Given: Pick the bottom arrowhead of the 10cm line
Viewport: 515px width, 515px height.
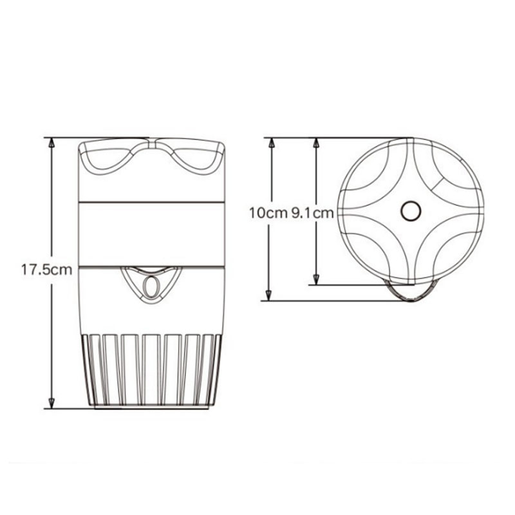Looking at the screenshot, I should tap(271, 294).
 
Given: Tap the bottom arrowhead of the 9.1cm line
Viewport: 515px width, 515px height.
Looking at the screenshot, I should tap(316, 278).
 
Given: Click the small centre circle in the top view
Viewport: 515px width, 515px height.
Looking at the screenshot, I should tap(409, 210).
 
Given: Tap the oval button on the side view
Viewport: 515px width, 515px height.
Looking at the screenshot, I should tap(151, 286).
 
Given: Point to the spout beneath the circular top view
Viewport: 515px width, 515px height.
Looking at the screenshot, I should tap(409, 291).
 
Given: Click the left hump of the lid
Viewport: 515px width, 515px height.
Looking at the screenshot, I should tap(108, 159).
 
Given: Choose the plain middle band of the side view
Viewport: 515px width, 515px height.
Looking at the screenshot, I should tap(151, 233).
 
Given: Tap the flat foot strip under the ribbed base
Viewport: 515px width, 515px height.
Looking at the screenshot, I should tap(151, 405).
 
